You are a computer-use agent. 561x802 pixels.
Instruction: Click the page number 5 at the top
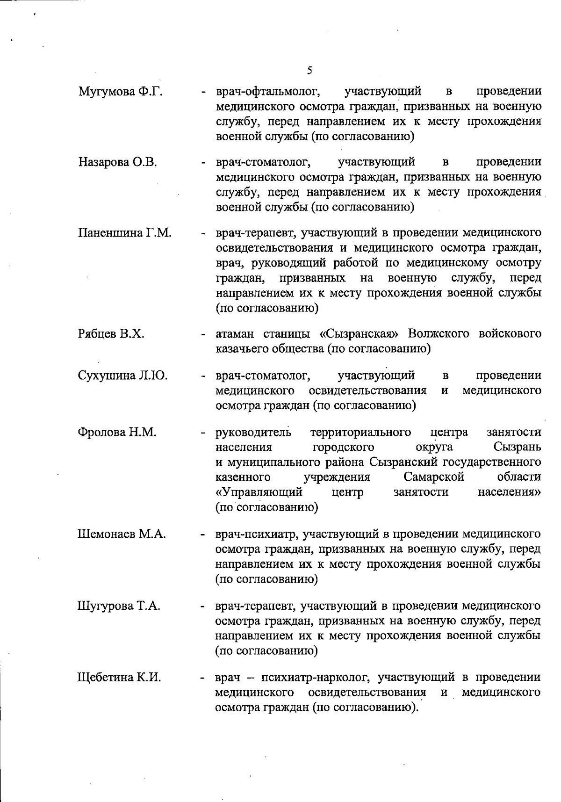(x=309, y=71)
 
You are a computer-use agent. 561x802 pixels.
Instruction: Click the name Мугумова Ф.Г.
(x=120, y=92)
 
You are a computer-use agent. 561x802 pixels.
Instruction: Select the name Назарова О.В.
(x=117, y=162)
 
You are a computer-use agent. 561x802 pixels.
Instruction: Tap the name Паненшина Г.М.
(x=124, y=233)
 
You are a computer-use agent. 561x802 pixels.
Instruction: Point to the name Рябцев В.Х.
(x=111, y=334)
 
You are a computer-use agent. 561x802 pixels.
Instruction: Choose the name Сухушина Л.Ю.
(x=122, y=376)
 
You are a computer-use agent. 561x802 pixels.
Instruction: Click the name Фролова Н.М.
(x=117, y=432)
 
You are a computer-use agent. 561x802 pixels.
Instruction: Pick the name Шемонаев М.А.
(x=122, y=534)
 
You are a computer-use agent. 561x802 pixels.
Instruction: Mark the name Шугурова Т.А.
(x=119, y=607)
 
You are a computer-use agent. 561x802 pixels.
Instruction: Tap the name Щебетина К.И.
(x=119, y=678)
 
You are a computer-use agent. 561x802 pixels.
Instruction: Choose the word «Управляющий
(x=259, y=492)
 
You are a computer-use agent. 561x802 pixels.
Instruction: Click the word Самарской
(x=433, y=477)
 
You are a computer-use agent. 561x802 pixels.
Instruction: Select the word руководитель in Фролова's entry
(x=253, y=432)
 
